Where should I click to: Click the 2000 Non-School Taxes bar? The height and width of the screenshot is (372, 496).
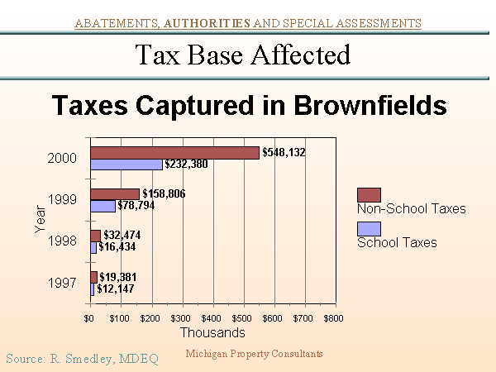pos(174,152)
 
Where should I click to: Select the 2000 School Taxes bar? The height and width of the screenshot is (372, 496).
pos(126,165)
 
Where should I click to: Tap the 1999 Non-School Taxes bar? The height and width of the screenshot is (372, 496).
pos(115,194)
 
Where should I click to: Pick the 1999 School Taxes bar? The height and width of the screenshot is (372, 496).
pos(103,206)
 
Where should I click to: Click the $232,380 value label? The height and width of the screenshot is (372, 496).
pos(186,165)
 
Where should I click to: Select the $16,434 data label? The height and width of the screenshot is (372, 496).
pos(117,246)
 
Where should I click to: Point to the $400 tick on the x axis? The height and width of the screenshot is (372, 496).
pos(212,317)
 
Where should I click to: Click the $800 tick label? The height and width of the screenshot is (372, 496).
pos(333,317)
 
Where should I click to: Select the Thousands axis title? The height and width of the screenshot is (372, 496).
pos(212,332)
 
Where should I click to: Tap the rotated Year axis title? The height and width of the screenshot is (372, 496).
pos(40,220)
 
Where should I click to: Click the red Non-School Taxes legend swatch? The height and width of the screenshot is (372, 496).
pos(369,195)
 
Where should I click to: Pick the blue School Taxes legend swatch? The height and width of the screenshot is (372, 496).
pos(369,229)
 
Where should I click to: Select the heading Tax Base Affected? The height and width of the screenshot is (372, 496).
pos(242,55)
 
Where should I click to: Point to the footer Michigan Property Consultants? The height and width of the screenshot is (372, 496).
pos(254,354)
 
